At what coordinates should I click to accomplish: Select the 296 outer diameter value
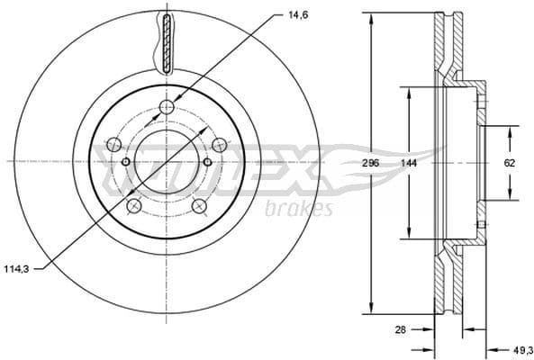click(372, 163)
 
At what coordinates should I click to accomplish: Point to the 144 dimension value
click(410, 163)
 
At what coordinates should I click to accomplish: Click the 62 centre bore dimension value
click(510, 163)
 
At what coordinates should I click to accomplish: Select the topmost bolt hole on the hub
click(167, 109)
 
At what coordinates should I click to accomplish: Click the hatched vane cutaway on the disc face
click(167, 42)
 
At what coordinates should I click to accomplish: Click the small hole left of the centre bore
click(126, 162)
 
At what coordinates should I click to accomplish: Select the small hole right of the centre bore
click(207, 162)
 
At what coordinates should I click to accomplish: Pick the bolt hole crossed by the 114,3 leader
click(135, 206)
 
